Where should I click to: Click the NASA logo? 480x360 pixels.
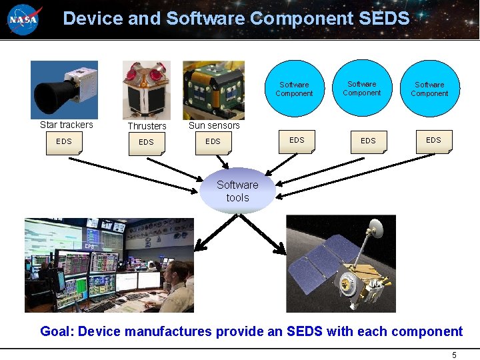(24, 19)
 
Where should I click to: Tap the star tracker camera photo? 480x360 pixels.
(64, 90)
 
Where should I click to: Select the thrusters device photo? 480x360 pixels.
(146, 90)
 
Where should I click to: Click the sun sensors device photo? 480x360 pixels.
(213, 90)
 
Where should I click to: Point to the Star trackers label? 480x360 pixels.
(67, 125)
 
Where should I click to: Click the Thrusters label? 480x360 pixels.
(147, 126)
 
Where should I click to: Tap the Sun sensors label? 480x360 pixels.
(214, 125)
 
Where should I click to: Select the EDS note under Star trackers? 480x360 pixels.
(64, 142)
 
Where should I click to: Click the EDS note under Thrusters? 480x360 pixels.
(146, 143)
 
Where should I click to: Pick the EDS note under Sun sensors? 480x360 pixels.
(213, 142)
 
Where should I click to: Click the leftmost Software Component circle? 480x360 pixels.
(294, 89)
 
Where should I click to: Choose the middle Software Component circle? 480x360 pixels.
(362, 89)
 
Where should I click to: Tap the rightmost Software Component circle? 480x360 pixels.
(429, 89)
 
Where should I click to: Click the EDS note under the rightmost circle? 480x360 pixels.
(433, 141)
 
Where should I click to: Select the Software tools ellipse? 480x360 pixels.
(237, 191)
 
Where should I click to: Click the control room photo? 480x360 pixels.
(109, 265)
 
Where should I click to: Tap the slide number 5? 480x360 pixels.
(454, 355)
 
